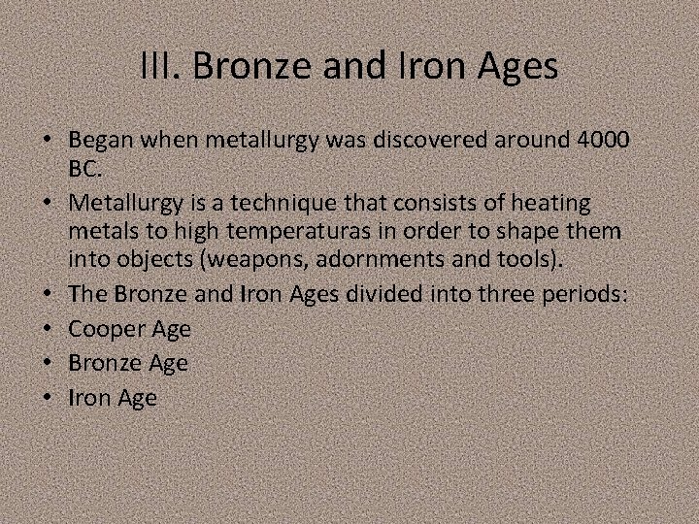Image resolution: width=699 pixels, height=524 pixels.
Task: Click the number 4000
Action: [x=602, y=141]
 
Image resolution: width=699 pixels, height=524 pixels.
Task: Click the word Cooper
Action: [x=106, y=329]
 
